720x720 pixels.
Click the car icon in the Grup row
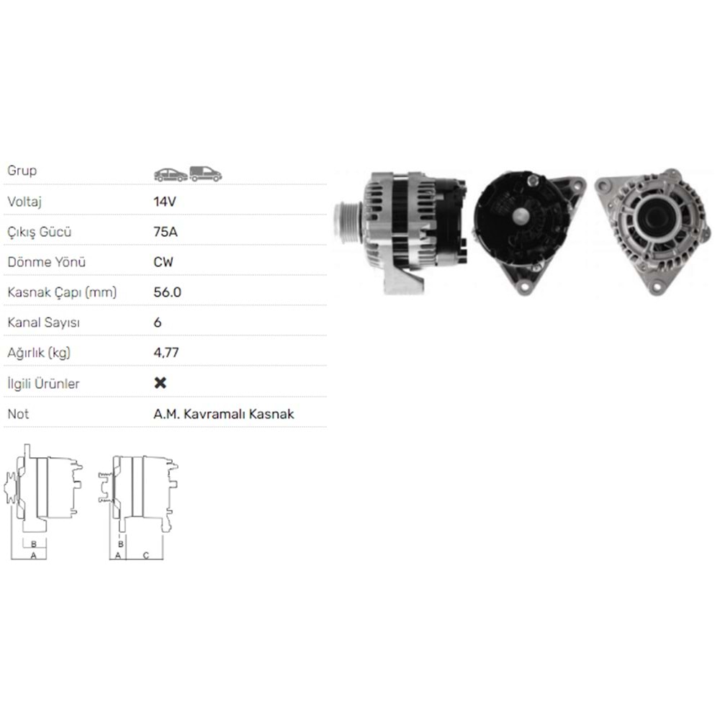[x=170, y=174]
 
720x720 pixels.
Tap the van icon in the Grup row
[x=205, y=174]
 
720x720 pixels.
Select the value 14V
[x=164, y=202]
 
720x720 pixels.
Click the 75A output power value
[x=165, y=232]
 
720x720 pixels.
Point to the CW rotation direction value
[x=163, y=262]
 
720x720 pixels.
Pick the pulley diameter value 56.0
[x=168, y=292]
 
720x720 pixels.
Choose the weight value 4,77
[x=166, y=353]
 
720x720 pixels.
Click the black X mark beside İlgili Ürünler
[x=161, y=383]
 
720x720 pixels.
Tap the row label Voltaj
[x=24, y=202]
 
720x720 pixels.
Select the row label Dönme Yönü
[x=40, y=262]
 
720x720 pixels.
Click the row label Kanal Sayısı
[x=43, y=323]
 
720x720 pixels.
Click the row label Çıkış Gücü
[x=40, y=232]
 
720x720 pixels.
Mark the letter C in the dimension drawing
[x=145, y=555]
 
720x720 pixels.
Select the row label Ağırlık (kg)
[x=40, y=353]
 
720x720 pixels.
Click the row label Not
[x=17, y=414]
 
